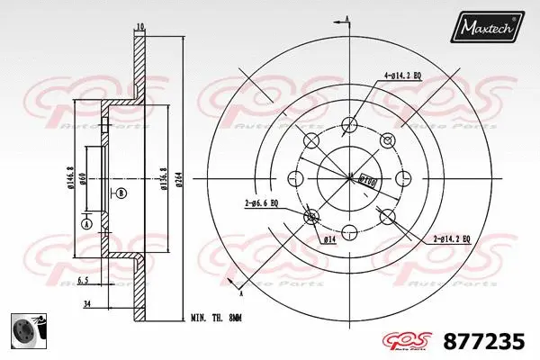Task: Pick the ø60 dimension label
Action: pos(83,181)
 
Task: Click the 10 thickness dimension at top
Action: pos(139,27)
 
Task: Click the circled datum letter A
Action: pos(87,223)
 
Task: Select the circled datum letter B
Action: pos(121,193)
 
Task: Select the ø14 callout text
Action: pos(329,240)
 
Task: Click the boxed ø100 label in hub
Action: pos(368,178)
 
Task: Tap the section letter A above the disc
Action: pos(346,17)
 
